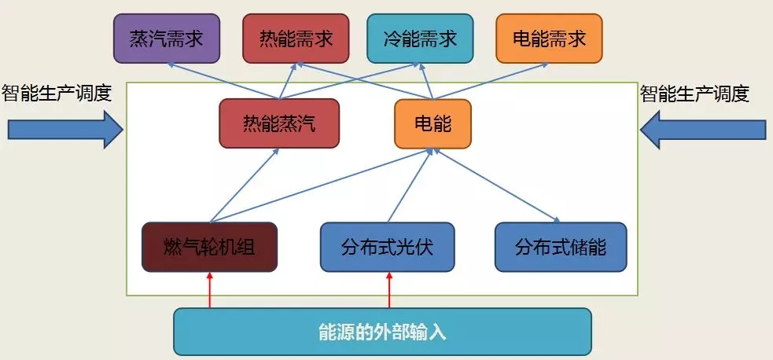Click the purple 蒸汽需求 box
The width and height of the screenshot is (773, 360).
(167, 39)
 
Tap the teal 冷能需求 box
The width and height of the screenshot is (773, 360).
(420, 39)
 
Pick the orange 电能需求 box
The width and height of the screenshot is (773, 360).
(549, 39)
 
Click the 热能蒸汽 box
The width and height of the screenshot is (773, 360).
(279, 123)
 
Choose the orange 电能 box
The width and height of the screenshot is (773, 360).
(433, 123)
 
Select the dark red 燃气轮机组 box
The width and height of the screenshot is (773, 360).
(210, 247)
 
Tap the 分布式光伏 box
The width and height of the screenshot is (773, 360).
(387, 247)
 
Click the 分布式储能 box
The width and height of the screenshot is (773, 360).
(561, 247)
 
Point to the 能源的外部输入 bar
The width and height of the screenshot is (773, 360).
(382, 331)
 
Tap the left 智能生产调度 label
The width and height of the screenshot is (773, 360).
(57, 94)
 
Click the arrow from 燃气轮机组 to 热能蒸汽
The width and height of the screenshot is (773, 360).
(245, 185)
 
